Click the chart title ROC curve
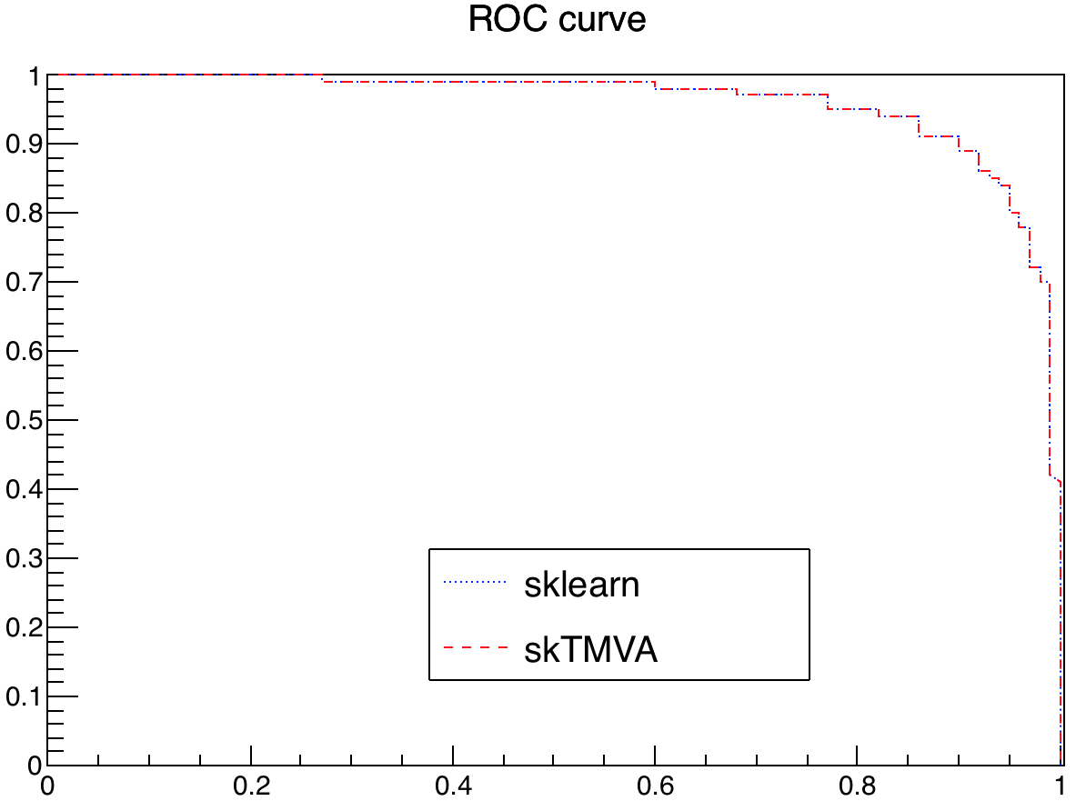click(x=557, y=20)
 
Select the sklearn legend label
click(x=581, y=585)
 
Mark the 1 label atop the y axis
click(x=33, y=75)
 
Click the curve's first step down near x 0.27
click(x=323, y=78)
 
